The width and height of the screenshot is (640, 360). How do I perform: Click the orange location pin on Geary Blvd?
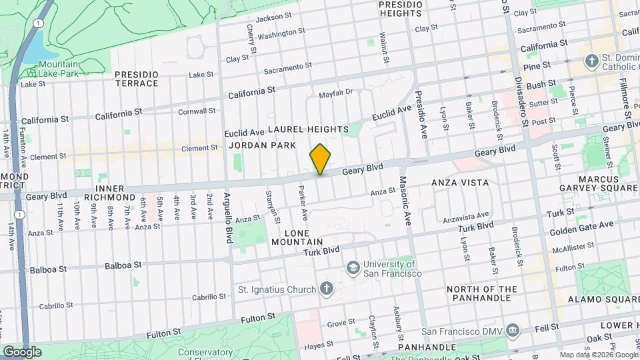[320, 159]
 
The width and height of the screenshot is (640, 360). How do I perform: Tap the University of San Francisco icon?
[351, 267]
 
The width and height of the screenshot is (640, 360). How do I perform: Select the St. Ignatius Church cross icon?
[325, 289]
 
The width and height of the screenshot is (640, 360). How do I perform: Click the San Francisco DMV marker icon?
[512, 330]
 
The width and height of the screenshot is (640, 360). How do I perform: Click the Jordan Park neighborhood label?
[257, 145]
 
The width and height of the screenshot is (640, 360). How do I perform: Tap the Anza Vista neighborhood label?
[460, 182]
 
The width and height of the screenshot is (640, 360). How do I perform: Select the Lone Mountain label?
[297, 237]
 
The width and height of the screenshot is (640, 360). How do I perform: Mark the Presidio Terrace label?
[136, 79]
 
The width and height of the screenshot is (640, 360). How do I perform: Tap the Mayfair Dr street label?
[335, 93]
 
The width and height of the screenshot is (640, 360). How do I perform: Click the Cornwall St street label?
[197, 111]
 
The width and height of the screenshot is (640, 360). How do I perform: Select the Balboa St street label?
[123, 265]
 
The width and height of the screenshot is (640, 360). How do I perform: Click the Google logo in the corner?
[22, 352]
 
